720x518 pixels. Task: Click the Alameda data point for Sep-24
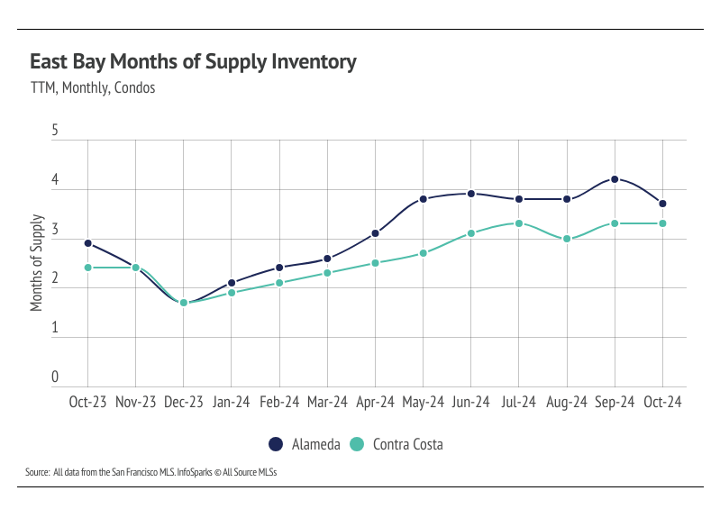point(615,179)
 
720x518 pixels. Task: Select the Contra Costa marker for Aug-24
point(567,239)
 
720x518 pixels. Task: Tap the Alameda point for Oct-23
point(87,243)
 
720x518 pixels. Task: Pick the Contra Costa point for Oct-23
point(87,268)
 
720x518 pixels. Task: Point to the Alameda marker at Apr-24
point(375,233)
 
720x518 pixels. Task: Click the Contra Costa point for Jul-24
point(519,223)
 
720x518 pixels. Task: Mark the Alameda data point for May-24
point(423,199)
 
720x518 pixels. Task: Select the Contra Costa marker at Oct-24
point(662,223)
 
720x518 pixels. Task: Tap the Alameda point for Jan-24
point(232,283)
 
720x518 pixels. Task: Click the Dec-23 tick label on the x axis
point(183,403)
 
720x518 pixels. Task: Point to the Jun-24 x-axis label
point(470,403)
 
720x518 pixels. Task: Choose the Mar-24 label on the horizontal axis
point(327,403)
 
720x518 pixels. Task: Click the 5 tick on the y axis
point(55,132)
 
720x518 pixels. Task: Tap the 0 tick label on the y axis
point(55,377)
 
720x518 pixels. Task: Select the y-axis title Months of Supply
point(37,263)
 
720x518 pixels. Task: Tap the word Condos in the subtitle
point(135,88)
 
